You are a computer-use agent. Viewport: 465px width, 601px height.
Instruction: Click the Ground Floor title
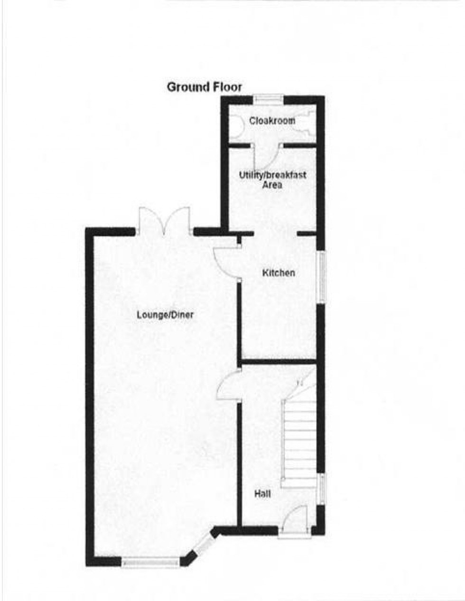pyautogui.click(x=204, y=87)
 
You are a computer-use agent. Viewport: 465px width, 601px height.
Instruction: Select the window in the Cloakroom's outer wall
pyautogui.click(x=268, y=99)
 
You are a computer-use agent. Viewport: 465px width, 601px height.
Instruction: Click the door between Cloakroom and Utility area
pyautogui.click(x=266, y=153)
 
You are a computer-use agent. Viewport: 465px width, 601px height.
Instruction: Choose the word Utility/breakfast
pyautogui.click(x=272, y=175)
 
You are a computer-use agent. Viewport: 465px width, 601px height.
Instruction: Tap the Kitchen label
pyautogui.click(x=279, y=273)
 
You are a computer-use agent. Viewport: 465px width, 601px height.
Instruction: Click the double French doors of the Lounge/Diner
pyautogui.click(x=164, y=222)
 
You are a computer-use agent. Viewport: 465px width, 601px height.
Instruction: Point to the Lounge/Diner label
pyautogui.click(x=165, y=314)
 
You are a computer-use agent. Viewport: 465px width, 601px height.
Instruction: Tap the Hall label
pyautogui.click(x=262, y=494)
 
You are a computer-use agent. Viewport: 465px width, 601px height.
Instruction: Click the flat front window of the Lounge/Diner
pyautogui.click(x=150, y=562)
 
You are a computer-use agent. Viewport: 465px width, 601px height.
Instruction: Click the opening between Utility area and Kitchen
pyautogui.click(x=276, y=233)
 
